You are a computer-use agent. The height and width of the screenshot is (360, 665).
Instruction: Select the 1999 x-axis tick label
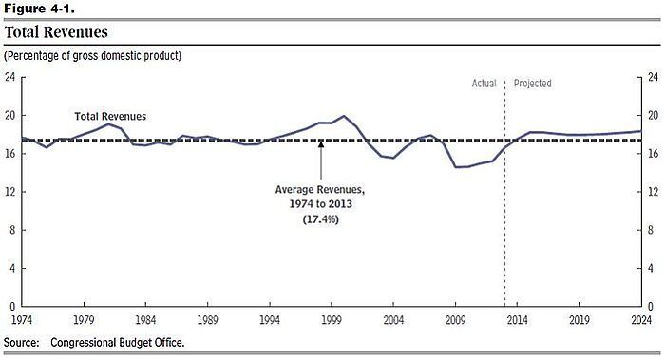point(332,321)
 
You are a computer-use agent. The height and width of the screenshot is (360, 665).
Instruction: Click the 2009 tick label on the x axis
point(456,321)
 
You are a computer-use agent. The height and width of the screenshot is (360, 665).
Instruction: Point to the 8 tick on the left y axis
point(12,230)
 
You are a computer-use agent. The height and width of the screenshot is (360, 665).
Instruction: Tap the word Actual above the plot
point(484,84)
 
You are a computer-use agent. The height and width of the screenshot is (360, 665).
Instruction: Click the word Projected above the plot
point(532,84)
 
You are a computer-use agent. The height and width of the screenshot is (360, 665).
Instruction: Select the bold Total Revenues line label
point(110,116)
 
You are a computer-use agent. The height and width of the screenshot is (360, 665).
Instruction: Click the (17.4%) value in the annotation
point(320,219)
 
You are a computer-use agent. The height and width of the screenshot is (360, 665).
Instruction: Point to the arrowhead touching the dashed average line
point(321,144)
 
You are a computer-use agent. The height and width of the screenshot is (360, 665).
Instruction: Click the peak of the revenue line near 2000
point(344,116)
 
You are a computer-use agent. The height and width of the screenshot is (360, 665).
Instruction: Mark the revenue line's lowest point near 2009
point(457,167)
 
